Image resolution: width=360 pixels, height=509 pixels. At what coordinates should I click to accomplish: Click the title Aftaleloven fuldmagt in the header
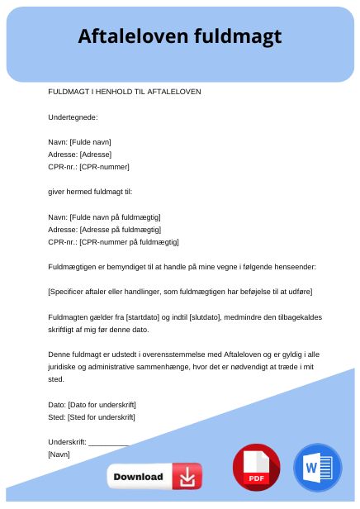[180, 36]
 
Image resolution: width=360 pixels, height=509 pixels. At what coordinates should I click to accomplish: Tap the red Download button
[154, 477]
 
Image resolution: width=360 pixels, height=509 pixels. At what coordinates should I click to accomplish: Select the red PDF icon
[257, 469]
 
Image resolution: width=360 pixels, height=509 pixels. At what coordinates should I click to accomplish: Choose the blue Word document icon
[317, 469]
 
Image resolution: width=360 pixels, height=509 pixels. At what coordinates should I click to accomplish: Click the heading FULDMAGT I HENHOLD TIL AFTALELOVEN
[125, 92]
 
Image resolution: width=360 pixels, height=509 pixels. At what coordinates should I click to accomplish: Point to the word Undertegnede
[73, 117]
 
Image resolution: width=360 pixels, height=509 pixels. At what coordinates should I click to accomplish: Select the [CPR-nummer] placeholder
[104, 167]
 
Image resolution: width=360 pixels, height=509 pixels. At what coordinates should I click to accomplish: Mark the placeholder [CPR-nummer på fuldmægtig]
[129, 241]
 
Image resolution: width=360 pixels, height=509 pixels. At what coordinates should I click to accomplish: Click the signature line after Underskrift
[109, 442]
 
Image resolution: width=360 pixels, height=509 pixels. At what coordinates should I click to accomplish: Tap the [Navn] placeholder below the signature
[59, 454]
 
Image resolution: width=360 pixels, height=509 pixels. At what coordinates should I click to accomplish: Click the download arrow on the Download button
[187, 477]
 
